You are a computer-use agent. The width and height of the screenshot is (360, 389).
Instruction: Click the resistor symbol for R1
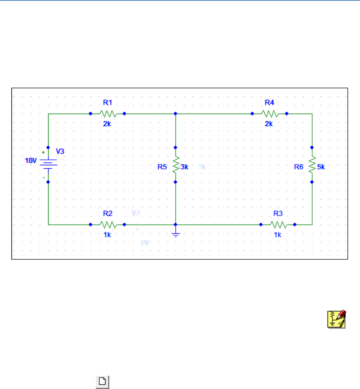pos(107,114)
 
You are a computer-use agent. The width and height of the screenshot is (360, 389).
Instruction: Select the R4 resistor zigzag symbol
pos(269,114)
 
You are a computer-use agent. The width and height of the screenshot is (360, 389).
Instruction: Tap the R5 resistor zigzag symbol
pos(175,164)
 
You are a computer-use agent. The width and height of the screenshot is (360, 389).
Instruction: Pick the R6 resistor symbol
pos(312,164)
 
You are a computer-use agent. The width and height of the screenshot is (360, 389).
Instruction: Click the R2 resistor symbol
pos(107,225)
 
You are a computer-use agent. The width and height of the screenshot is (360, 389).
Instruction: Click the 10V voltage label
pos(31,161)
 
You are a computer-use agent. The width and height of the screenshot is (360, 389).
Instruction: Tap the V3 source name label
pos(60,151)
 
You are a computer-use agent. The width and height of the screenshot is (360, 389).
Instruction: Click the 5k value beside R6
pos(321,167)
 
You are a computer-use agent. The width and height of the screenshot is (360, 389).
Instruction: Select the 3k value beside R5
pos(184,167)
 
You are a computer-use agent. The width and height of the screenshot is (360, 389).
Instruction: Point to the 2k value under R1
pos(107,124)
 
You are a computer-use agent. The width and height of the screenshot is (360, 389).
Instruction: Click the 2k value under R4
pos(269,124)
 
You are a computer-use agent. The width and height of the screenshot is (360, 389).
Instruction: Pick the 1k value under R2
pos(107,234)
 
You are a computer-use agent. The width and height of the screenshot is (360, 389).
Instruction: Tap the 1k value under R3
pos(277,234)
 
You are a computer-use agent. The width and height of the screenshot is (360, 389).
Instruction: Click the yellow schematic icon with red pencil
pos(336,319)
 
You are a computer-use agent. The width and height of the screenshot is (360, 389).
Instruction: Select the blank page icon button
pos(102,381)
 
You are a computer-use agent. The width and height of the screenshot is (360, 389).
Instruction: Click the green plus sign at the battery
pos(43,152)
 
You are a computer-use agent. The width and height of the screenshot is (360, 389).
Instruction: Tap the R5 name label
pos(162,167)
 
